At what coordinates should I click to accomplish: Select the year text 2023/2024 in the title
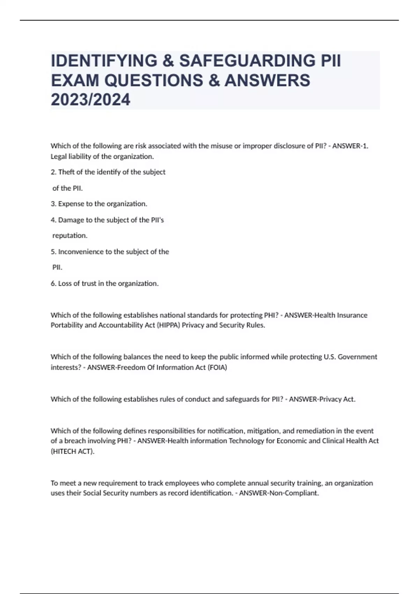pyautogui.click(x=90, y=100)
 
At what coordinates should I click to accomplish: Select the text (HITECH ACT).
pyautogui.click(x=73, y=451)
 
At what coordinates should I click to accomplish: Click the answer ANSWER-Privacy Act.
pyautogui.click(x=322, y=399)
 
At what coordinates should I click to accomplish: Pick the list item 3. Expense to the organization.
pyautogui.click(x=99, y=204)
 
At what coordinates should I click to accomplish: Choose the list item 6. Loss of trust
pyautogui.click(x=104, y=283)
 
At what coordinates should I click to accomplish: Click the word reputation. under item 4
pyautogui.click(x=69, y=236)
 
